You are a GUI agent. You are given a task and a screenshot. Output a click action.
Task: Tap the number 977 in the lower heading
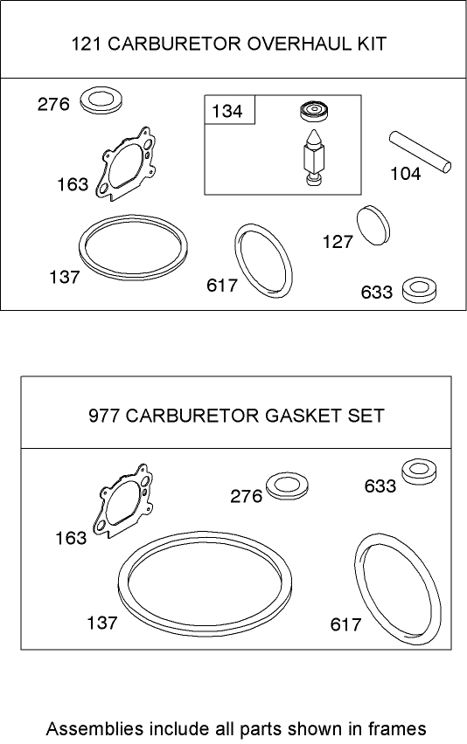(x=105, y=416)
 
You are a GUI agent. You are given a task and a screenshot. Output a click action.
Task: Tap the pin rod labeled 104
(x=421, y=148)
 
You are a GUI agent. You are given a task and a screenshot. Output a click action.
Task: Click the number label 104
(x=405, y=174)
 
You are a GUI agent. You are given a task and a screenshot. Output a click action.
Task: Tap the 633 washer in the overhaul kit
(x=420, y=289)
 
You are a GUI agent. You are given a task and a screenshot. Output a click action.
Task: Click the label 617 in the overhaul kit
(x=222, y=286)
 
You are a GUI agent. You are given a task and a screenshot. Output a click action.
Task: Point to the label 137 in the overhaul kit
(x=65, y=278)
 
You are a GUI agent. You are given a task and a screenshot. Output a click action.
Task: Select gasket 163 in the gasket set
(x=124, y=507)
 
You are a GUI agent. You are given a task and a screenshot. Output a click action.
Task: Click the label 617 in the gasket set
(x=345, y=625)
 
